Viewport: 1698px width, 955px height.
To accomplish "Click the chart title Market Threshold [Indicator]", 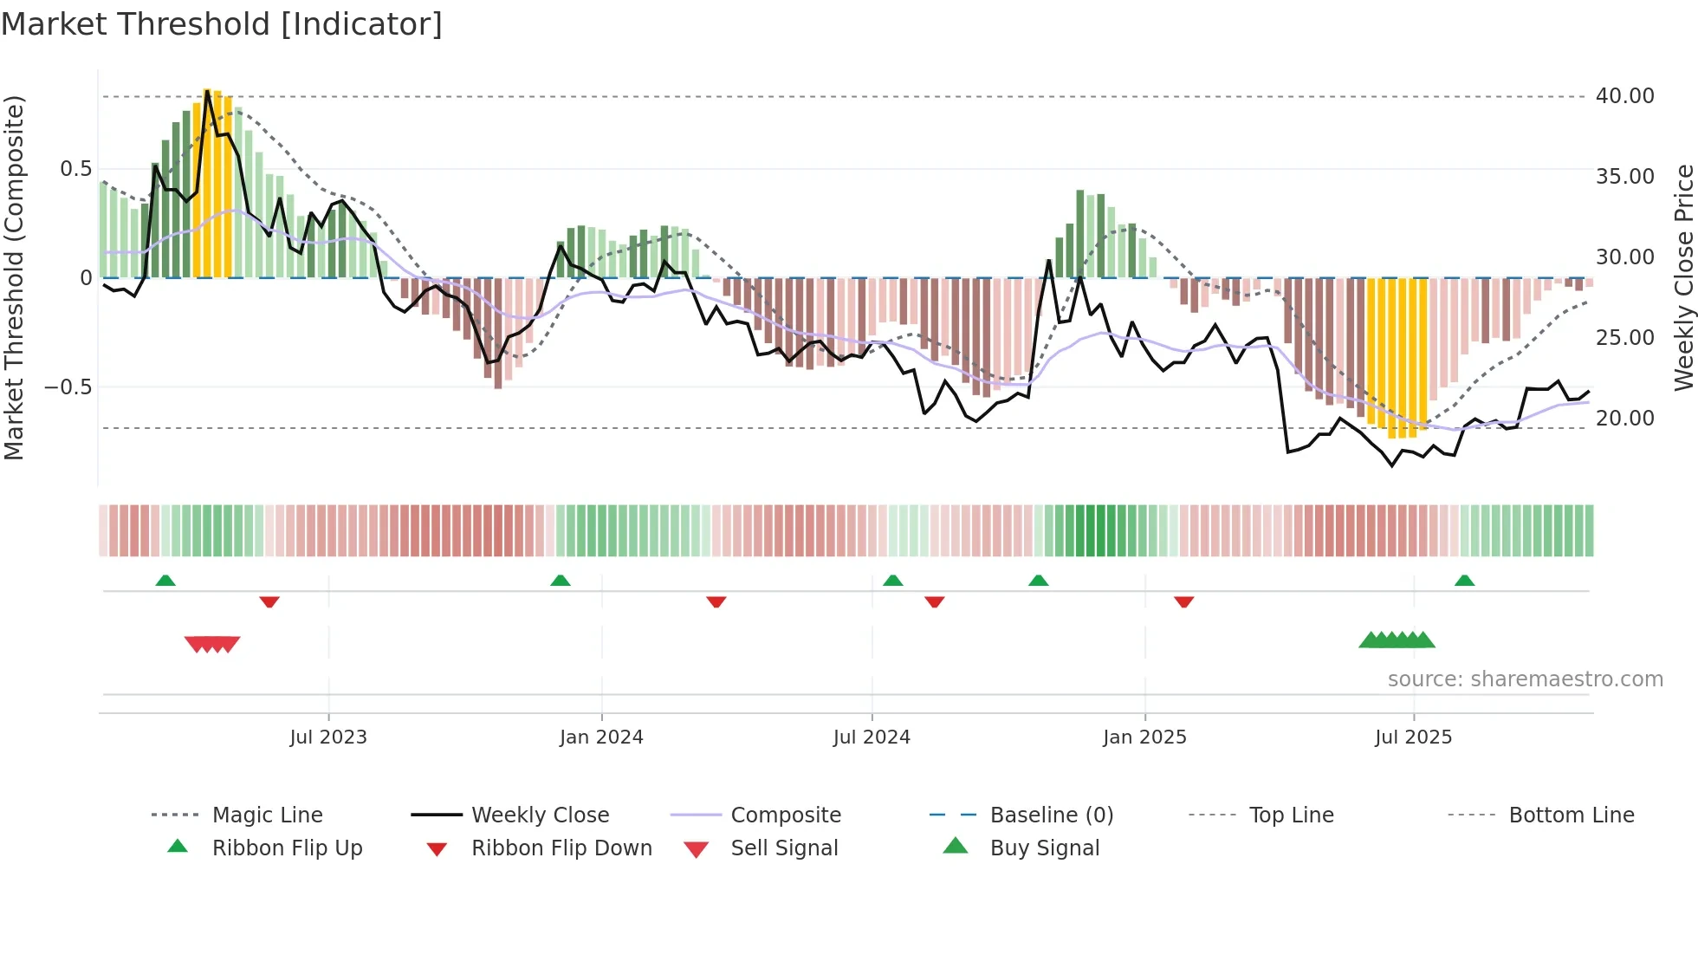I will (x=222, y=24).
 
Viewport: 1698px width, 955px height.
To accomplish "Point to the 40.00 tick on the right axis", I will (x=1624, y=95).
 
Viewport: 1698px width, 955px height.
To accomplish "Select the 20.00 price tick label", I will (x=1624, y=418).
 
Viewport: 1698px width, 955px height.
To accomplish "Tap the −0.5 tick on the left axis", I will (x=68, y=387).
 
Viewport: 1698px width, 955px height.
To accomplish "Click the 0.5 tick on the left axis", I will (x=75, y=168).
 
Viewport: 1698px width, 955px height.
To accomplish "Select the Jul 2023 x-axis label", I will (x=328, y=737).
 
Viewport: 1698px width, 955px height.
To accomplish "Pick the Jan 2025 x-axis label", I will (x=1144, y=737).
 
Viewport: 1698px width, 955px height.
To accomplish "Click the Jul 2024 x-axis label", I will (x=872, y=737).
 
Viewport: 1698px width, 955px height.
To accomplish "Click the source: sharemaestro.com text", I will (x=1525, y=679).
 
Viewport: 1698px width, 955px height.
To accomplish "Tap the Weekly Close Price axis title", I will (x=1683, y=277).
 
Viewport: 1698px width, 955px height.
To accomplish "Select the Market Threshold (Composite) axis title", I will (x=14, y=277).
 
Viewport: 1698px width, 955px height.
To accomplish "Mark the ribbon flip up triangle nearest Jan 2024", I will (x=561, y=581).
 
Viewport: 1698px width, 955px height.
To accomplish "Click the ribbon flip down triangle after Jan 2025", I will (x=1184, y=601).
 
